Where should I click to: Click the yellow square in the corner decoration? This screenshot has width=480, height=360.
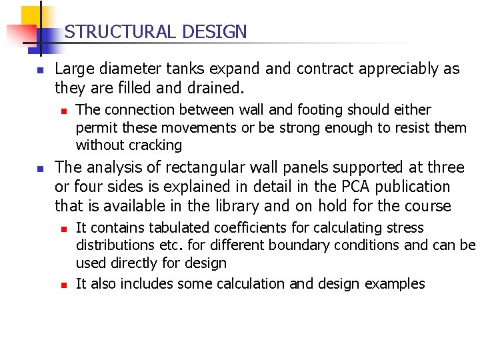click(31, 17)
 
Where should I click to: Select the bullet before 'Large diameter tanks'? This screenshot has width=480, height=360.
click(40, 70)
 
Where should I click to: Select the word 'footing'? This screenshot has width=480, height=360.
click(285, 110)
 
